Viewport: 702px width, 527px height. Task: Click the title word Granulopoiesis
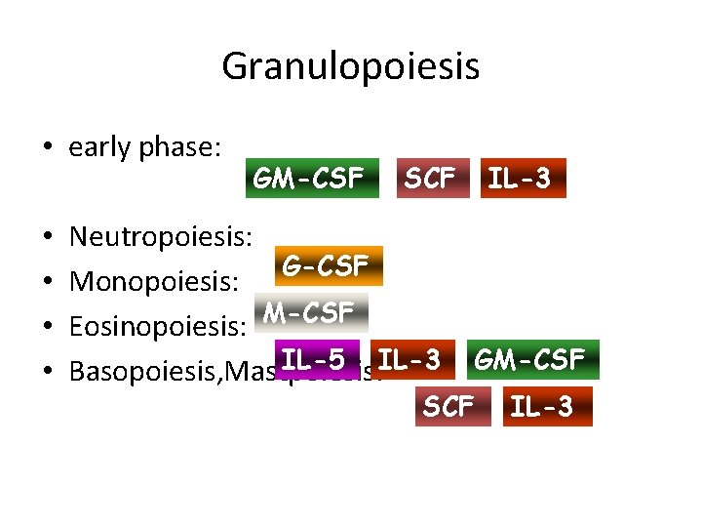(x=350, y=67)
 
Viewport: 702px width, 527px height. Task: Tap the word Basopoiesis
(x=142, y=371)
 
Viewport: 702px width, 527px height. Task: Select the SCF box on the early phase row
(x=430, y=178)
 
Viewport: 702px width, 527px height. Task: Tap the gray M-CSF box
(x=309, y=312)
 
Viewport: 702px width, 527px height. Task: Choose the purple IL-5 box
(x=316, y=359)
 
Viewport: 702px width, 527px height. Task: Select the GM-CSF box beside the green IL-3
(x=529, y=359)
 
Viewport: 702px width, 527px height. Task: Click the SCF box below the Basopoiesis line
(x=448, y=406)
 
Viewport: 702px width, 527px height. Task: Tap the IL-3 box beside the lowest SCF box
(x=542, y=406)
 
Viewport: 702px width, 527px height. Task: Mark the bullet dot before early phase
(x=46, y=148)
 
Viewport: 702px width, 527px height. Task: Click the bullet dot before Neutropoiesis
(x=46, y=237)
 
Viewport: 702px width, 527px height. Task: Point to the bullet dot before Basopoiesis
(x=46, y=372)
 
